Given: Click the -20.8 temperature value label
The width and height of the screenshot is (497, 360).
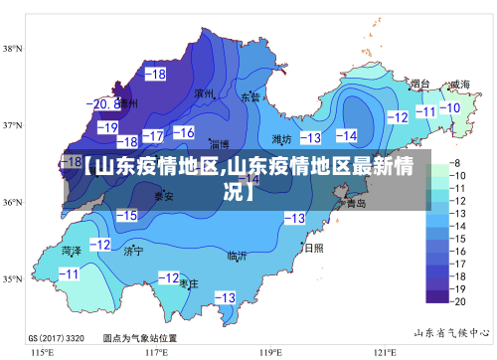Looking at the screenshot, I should click(103, 103).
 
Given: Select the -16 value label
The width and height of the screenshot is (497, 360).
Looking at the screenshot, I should click(184, 132).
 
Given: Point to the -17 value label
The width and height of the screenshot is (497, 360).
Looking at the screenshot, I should click(153, 135).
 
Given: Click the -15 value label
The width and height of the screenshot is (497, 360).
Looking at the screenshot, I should click(126, 215).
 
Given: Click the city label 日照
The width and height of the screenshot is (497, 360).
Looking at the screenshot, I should click(314, 248).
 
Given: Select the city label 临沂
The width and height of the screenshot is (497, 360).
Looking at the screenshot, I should click(237, 256).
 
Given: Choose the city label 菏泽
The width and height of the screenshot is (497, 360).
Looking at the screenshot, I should click(72, 250).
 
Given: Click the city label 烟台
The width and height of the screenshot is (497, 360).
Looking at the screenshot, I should click(420, 85).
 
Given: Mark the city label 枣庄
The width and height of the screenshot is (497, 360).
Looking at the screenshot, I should click(189, 283).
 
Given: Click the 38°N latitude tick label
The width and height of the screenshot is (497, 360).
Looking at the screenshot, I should click(14, 48).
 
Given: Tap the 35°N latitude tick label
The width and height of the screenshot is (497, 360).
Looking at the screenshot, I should click(14, 279).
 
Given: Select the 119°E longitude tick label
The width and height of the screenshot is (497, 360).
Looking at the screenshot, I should click(271, 351).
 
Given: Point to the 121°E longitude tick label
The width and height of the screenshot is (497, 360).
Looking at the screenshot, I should click(385, 351).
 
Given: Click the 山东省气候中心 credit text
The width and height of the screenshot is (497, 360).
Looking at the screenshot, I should click(451, 331).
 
